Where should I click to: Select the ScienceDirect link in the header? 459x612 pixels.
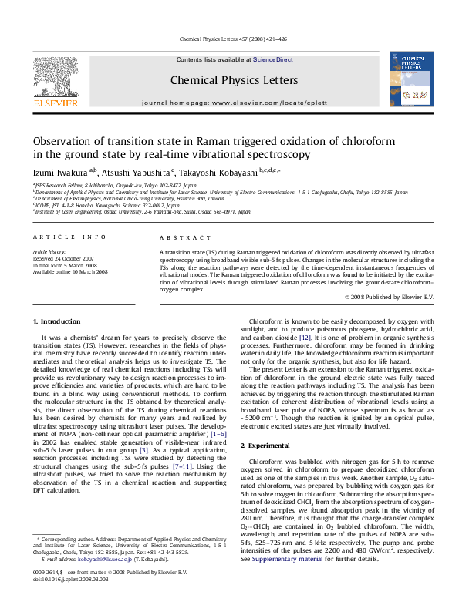coord(273,59)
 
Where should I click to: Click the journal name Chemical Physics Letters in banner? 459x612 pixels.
coord(222,80)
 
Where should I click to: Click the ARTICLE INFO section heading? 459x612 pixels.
coord(69,237)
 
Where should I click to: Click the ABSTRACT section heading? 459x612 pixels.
coord(179,237)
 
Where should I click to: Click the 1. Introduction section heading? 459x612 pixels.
coord(59,321)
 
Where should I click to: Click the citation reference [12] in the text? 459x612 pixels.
coord(305,338)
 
